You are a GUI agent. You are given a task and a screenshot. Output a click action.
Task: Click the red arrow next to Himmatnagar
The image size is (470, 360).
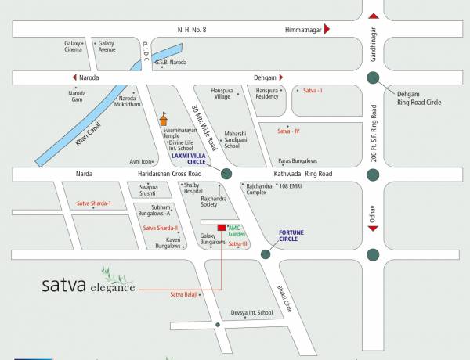click(x=327, y=29)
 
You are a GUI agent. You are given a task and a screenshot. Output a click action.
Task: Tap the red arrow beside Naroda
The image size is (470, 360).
click(x=76, y=77)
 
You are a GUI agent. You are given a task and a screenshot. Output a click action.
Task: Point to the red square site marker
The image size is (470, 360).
click(x=222, y=228)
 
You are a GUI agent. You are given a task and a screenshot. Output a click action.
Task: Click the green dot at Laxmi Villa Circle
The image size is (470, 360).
click(x=226, y=174)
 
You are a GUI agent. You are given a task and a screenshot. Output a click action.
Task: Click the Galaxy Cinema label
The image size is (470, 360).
click(x=74, y=46)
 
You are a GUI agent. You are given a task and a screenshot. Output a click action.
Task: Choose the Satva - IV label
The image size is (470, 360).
click(x=289, y=131)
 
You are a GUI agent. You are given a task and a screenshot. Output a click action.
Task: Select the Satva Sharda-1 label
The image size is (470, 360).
click(x=94, y=203)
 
